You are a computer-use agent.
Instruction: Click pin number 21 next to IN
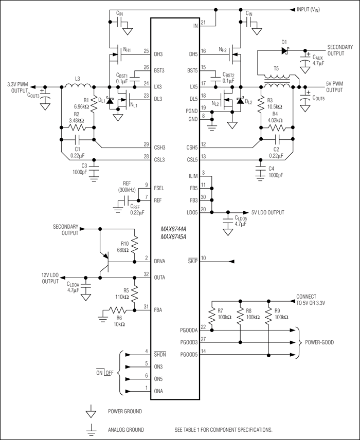203,23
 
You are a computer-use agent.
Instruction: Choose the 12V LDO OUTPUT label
50,278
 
